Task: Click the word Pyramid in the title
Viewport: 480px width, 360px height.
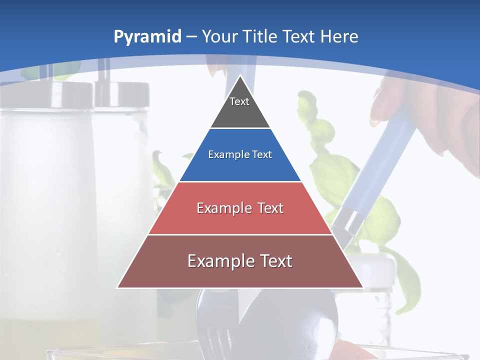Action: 147,37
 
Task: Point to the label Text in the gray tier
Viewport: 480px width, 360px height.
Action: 239,101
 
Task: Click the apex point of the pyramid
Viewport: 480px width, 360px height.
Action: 240,76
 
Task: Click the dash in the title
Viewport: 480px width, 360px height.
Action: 191,37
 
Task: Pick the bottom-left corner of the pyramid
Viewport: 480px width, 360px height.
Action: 118,287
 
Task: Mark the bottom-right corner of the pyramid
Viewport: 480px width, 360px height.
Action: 362,287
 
